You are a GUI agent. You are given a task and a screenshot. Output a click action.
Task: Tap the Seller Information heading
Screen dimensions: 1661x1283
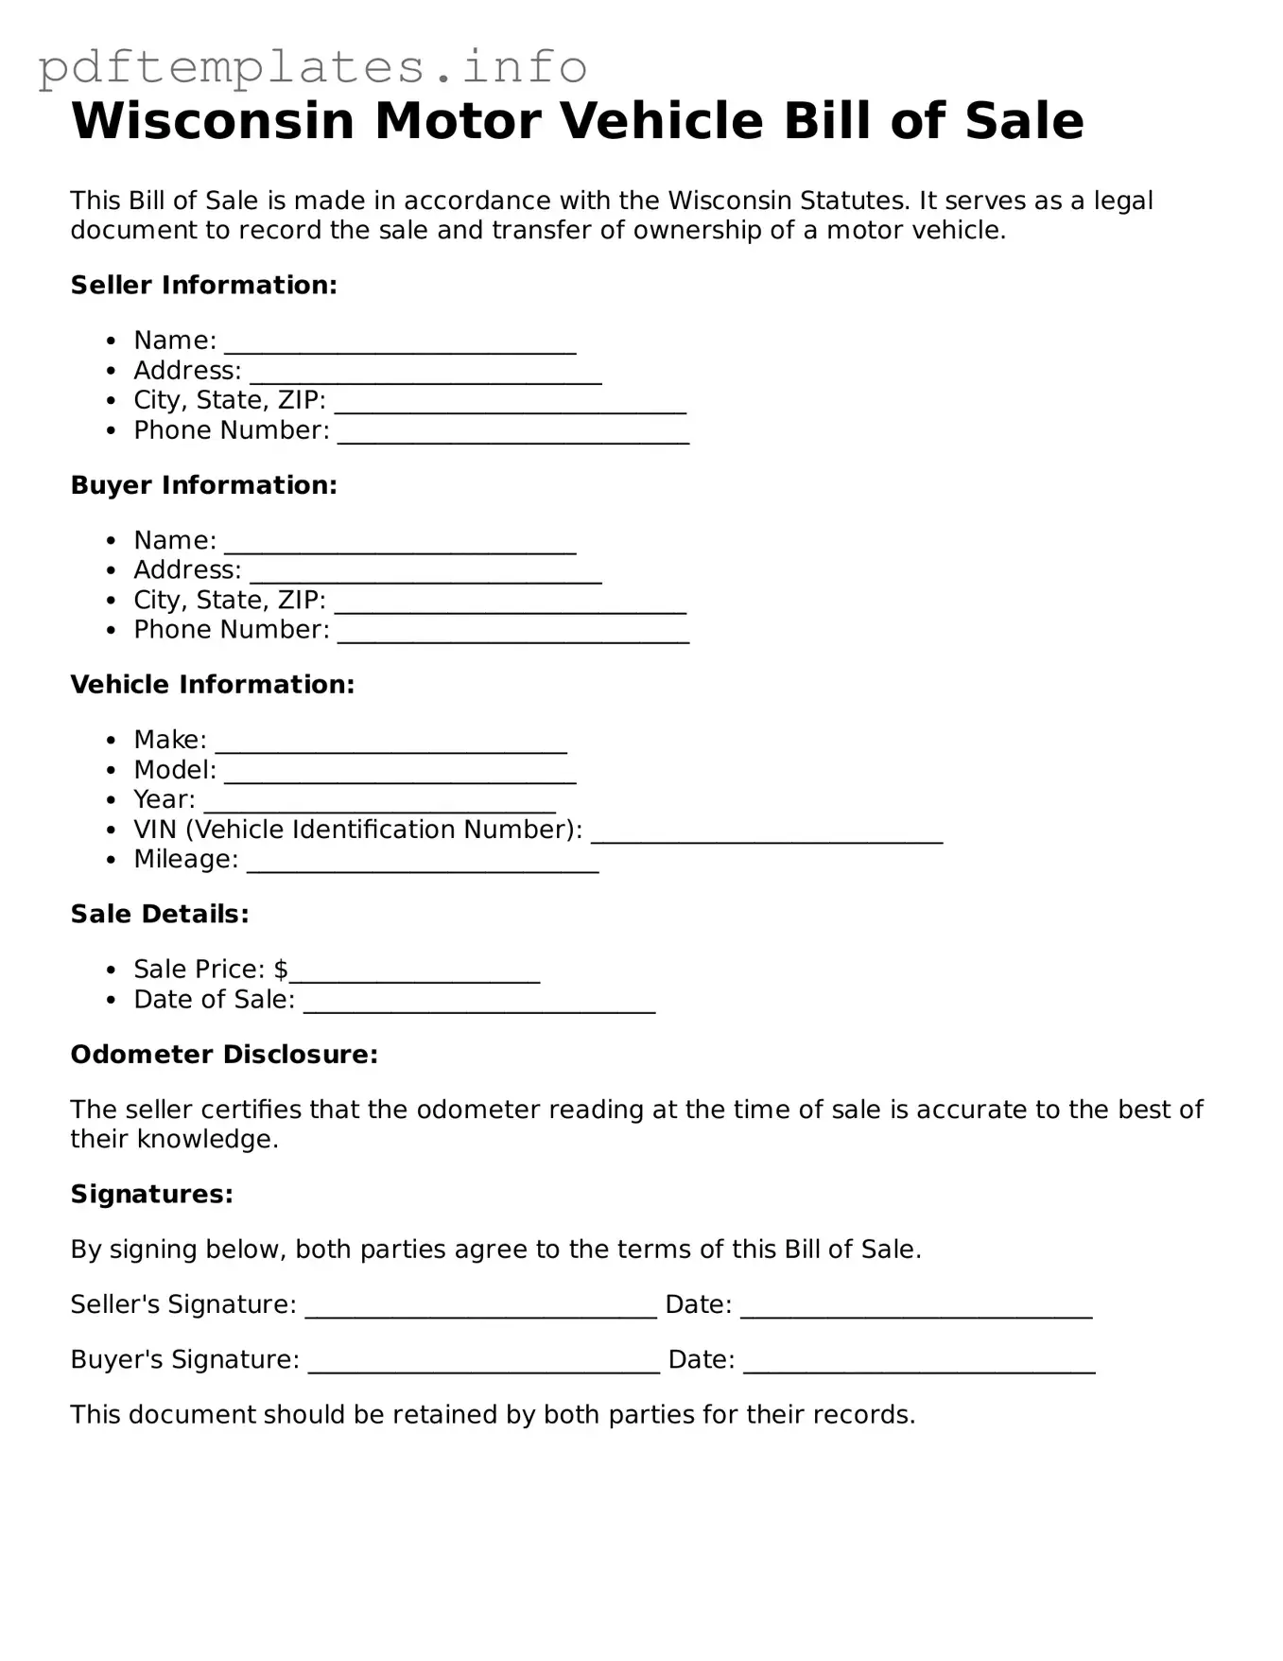coord(203,285)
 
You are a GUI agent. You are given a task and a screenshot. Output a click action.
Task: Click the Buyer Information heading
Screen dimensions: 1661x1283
coord(203,484)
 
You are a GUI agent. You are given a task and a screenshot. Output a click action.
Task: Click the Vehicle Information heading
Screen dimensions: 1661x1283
coord(212,684)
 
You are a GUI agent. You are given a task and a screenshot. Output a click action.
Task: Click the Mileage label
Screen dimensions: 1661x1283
coord(185,859)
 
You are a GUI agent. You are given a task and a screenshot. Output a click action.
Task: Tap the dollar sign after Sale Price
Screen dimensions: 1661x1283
coord(281,969)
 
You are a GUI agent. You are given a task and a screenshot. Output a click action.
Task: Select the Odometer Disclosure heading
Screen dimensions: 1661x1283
coord(224,1054)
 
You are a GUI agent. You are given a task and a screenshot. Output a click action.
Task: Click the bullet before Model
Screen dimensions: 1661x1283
coord(113,771)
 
